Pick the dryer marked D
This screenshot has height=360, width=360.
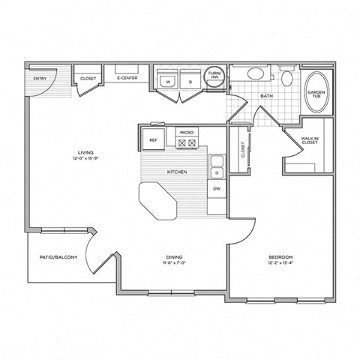pos(190,81)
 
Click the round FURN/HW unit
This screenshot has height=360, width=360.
pos(214,75)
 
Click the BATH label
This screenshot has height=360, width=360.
pos(266,97)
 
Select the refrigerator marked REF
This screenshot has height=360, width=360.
pos(152,139)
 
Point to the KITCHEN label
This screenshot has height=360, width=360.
pos(177,172)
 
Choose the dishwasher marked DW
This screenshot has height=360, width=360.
pos(217,188)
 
